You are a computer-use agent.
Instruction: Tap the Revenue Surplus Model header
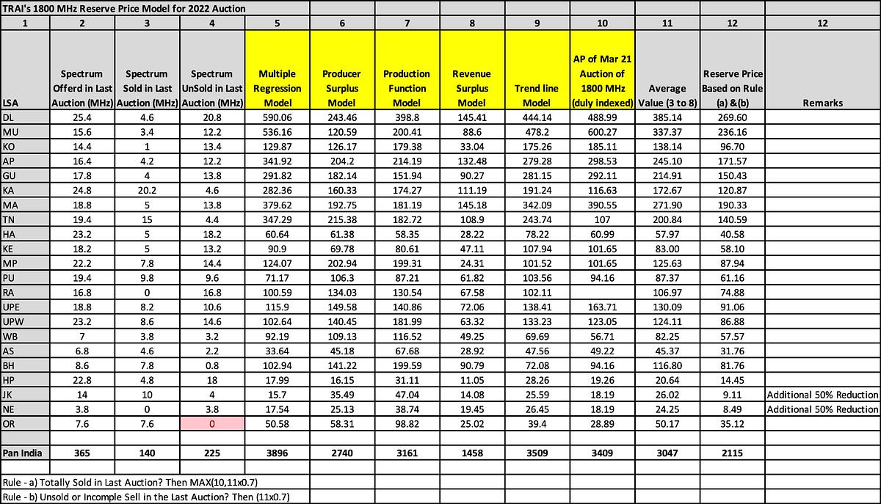pos(471,88)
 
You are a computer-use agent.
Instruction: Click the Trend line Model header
pos(537,88)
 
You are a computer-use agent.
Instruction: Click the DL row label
pos(10,116)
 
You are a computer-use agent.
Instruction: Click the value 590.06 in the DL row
pos(278,116)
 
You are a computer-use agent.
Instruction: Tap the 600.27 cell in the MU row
pos(602,130)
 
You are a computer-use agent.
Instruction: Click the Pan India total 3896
pos(278,452)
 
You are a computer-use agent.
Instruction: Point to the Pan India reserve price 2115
pos(733,452)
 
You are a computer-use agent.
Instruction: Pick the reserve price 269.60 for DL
pos(733,116)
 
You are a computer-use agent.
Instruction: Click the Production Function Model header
pos(407,88)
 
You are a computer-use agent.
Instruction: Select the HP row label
pos(10,381)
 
